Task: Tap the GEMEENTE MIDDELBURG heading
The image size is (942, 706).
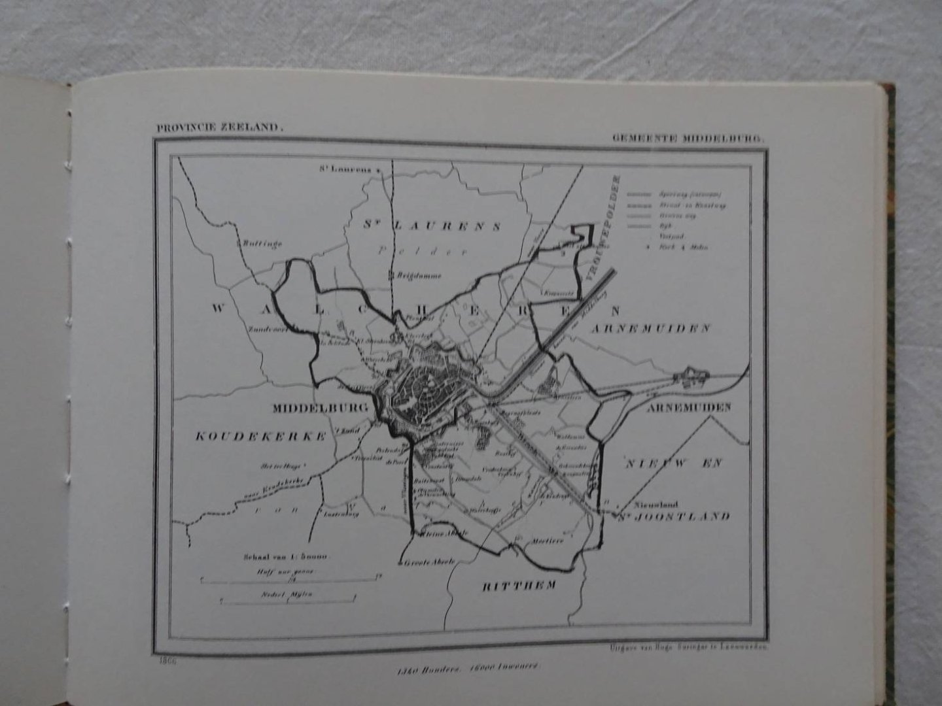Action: tap(688, 139)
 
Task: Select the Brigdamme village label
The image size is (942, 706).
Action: tap(418, 276)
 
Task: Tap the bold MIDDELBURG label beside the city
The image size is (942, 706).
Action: tap(320, 408)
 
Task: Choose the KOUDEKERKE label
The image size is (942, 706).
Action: tap(260, 437)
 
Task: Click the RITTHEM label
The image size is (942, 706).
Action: tap(519, 586)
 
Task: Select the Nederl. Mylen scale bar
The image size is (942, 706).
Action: tap(288, 598)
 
